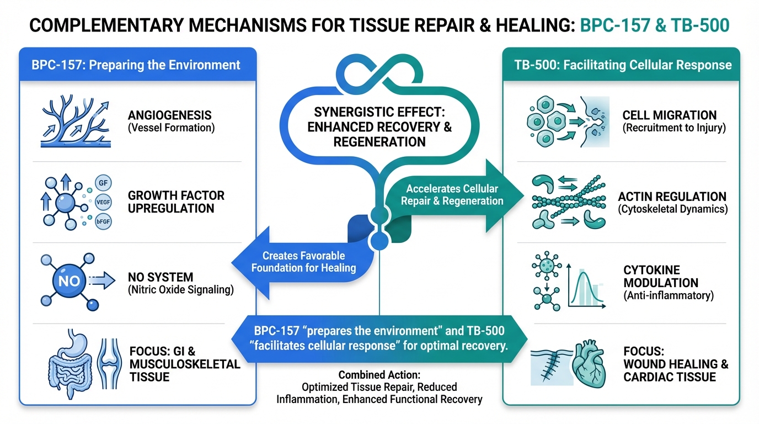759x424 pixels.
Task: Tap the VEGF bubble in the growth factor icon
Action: click(x=103, y=202)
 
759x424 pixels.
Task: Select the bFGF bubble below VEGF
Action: click(x=103, y=221)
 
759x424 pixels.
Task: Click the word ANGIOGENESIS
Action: click(x=170, y=115)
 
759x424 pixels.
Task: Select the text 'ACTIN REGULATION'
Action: click(x=672, y=197)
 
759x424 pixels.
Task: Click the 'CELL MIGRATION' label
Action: click(x=669, y=115)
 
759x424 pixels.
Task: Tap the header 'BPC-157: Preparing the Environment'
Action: click(x=137, y=65)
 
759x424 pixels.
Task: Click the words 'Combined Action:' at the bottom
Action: click(x=379, y=375)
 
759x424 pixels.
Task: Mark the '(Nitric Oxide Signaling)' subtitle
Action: click(x=179, y=290)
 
